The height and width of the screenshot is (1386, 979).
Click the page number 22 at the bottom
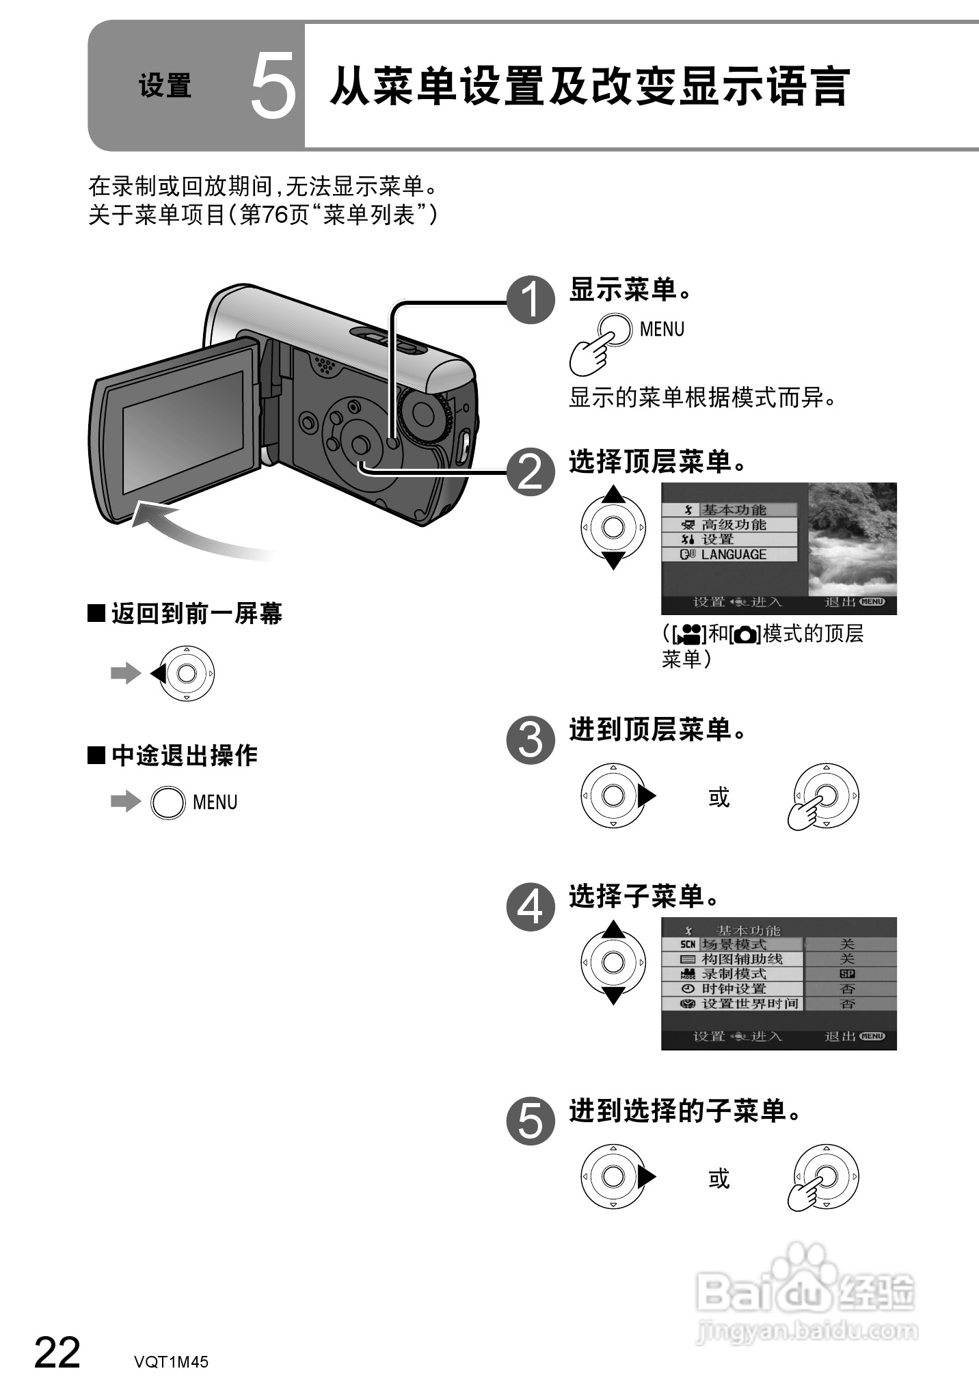tap(57, 1352)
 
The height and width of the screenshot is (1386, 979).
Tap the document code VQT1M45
tap(171, 1361)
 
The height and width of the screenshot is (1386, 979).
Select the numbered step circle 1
tap(531, 301)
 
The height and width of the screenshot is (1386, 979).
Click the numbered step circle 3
tap(531, 740)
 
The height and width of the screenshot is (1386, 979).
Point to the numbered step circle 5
tap(531, 1122)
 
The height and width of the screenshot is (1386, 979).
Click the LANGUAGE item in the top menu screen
tap(733, 555)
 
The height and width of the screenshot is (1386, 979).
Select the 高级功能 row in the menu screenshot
tap(733, 525)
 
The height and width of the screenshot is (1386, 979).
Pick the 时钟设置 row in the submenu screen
tap(733, 989)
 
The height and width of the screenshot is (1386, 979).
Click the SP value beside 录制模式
tap(847, 974)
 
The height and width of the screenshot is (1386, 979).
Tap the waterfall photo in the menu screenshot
tap(852, 539)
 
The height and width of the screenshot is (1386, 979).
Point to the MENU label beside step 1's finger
tap(662, 329)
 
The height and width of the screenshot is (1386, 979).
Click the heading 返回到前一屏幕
tap(196, 614)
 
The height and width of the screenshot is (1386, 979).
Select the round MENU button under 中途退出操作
tap(167, 802)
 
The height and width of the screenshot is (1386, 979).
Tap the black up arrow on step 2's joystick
tap(613, 493)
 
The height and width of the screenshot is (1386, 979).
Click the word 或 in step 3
tap(719, 797)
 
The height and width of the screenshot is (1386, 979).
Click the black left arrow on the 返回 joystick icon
tap(157, 674)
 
